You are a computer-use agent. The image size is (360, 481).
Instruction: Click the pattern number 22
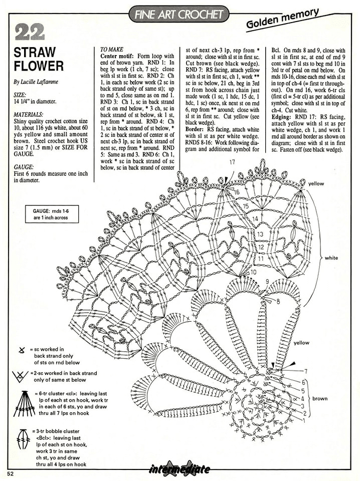click(x=29, y=33)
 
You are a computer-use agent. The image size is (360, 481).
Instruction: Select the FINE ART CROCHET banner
click(x=179, y=14)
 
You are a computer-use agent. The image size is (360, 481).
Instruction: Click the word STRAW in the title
click(x=35, y=52)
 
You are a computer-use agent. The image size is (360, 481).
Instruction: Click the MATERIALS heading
click(x=29, y=114)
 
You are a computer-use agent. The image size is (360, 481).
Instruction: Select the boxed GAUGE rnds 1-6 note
click(x=52, y=214)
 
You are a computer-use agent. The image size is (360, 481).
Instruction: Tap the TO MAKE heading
click(x=112, y=49)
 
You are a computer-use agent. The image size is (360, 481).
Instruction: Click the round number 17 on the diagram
click(x=232, y=162)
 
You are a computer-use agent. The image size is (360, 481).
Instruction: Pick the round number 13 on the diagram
click(x=260, y=234)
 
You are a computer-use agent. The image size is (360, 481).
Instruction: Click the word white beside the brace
click(x=331, y=258)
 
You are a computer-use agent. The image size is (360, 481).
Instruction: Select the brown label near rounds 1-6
click(x=320, y=398)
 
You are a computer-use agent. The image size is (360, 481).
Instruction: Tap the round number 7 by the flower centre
click(x=305, y=371)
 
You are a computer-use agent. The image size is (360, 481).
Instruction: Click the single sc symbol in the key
click(x=22, y=350)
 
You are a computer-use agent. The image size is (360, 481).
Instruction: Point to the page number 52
click(x=11, y=473)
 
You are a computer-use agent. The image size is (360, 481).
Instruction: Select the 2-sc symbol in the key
click(x=21, y=375)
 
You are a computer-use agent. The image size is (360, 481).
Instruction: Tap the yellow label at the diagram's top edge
click(x=316, y=184)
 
